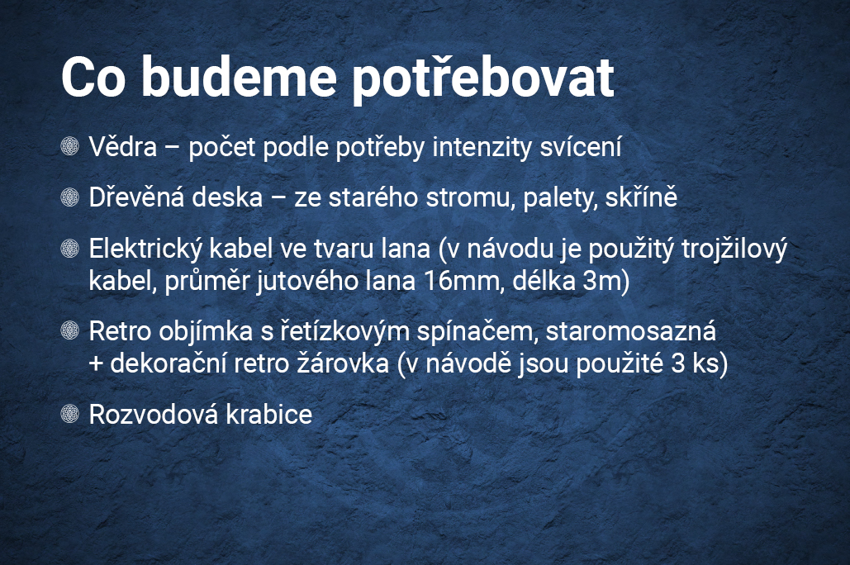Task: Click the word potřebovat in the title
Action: click(483, 79)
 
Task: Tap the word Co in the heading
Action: click(94, 77)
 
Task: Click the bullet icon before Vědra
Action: click(70, 146)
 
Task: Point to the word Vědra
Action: click(123, 146)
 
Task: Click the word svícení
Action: click(580, 146)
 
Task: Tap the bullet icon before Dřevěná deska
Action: click(70, 197)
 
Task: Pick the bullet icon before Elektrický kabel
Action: click(70, 248)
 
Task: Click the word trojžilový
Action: click(734, 250)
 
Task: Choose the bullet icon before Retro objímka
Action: click(70, 330)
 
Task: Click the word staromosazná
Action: click(630, 331)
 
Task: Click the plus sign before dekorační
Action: click(96, 363)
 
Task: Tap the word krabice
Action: click(269, 415)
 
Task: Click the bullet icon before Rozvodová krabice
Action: click(70, 413)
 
